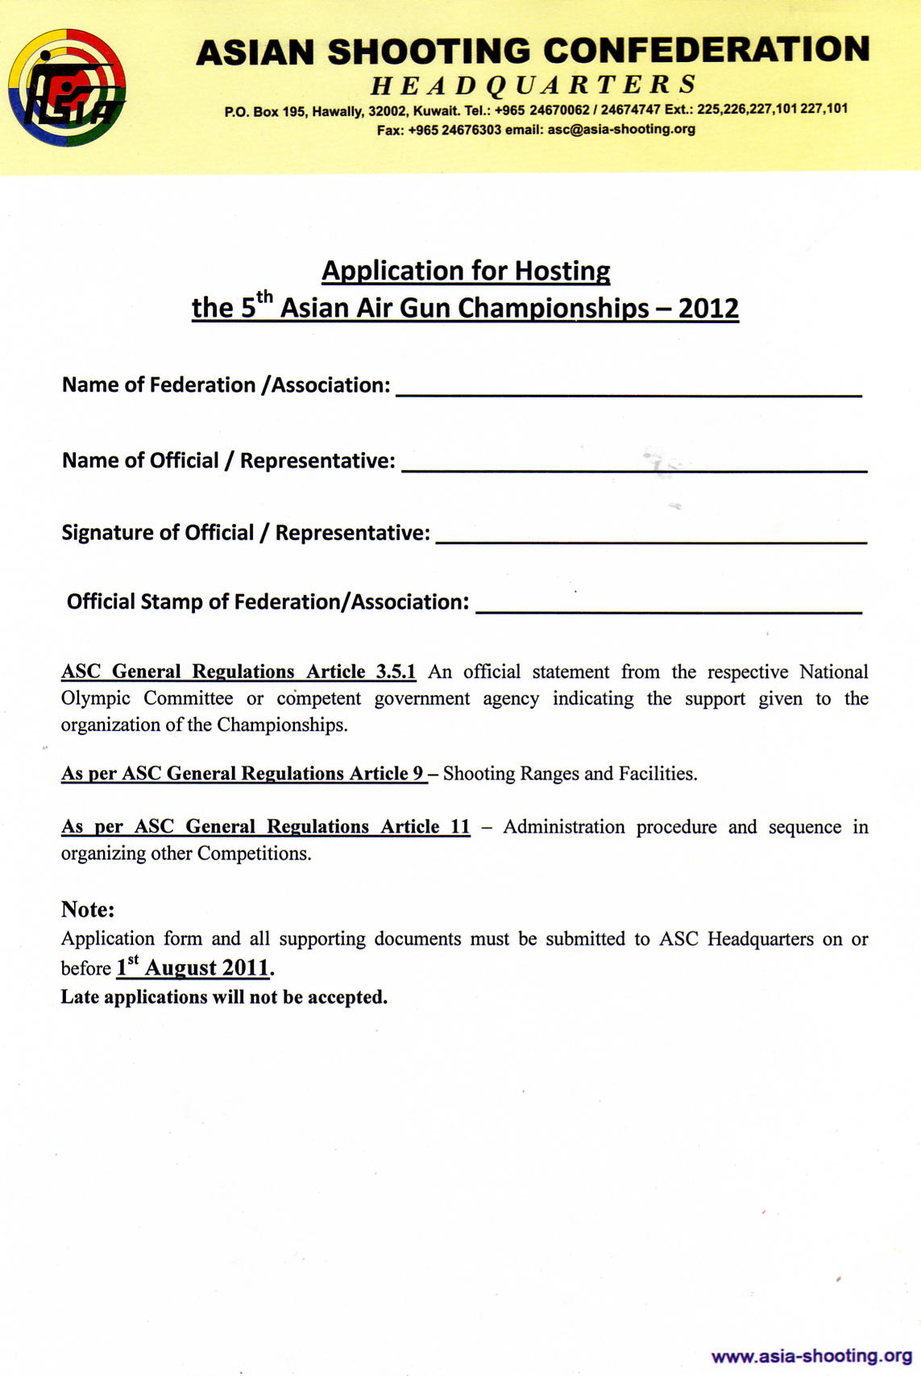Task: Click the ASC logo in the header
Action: (67, 87)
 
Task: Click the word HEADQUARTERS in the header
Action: (533, 85)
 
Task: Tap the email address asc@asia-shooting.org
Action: (620, 129)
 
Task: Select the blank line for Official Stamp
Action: (669, 609)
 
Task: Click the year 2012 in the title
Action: (708, 308)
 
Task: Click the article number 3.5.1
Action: (396, 671)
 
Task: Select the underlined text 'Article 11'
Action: (425, 827)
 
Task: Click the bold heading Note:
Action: (88, 909)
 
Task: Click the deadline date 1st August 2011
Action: (193, 967)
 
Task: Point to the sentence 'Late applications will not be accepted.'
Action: (224, 997)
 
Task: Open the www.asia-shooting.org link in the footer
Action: (811, 1356)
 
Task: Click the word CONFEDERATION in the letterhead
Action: (707, 50)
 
